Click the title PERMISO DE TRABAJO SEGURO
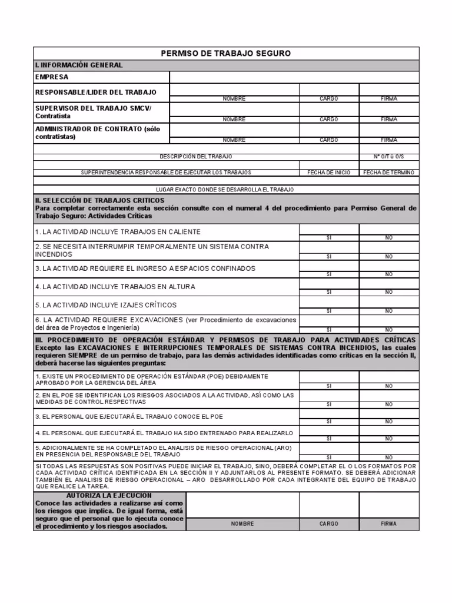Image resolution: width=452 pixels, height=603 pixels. pos(226,54)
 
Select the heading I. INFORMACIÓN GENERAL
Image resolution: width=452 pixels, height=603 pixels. pos(79,65)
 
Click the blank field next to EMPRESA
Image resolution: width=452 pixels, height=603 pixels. pos(294,77)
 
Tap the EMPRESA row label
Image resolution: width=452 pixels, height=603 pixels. pos(52,77)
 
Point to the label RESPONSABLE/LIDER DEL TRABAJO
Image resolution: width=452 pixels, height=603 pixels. pos(96,92)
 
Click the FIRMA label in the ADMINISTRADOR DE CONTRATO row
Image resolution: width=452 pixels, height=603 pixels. pos(389,140)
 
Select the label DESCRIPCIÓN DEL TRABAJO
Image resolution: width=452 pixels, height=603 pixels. pos(196,157)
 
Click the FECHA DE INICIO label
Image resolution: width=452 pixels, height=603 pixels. pos(329,173)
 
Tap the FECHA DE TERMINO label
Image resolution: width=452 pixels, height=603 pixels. pos(389,173)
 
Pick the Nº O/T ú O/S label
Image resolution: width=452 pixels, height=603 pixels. pos(389,157)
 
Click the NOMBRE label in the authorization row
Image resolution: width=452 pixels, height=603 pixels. pos(242,524)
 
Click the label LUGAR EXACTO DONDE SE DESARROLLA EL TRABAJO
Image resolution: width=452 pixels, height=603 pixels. pos(225,190)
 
